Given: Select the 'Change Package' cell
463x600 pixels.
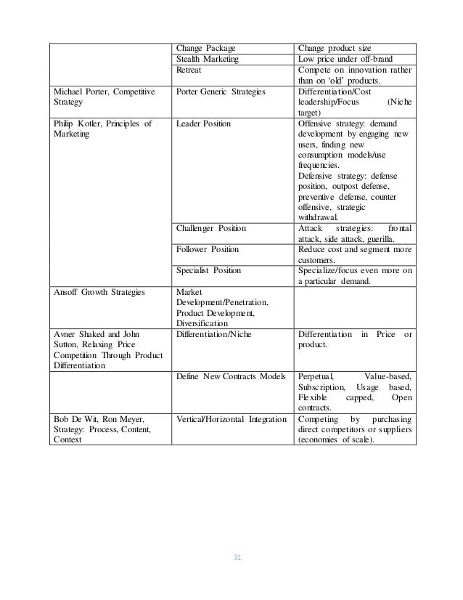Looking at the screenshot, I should coord(205,47).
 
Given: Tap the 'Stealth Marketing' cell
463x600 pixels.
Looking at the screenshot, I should coord(208,60).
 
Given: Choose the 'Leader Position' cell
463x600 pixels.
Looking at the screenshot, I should coord(203,123).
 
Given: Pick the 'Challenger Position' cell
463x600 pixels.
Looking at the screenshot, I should coord(210,228).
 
